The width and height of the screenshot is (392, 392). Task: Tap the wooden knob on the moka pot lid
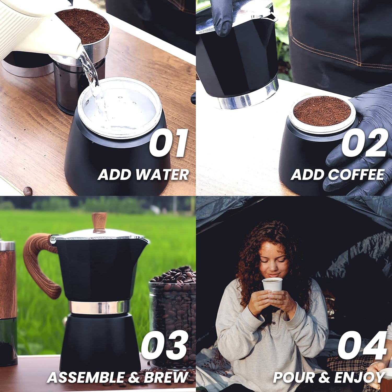click(x=99, y=222)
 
